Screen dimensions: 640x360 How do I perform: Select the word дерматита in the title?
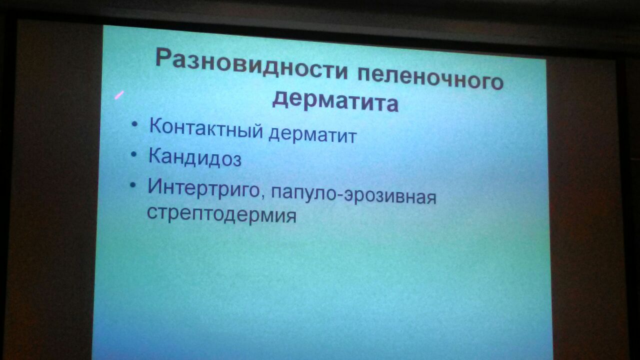click(x=335, y=101)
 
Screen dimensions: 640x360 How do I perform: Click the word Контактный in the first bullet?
click(x=205, y=128)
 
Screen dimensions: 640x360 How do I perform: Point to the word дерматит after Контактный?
click(x=312, y=134)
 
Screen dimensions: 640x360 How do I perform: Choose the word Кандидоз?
click(x=195, y=158)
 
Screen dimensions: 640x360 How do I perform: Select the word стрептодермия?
click(x=221, y=214)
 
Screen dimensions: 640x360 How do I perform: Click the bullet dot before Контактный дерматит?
click(x=134, y=125)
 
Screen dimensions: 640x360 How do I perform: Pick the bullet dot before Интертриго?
click(x=132, y=185)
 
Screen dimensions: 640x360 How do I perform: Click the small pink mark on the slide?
click(x=119, y=95)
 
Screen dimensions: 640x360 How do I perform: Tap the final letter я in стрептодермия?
click(x=291, y=217)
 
